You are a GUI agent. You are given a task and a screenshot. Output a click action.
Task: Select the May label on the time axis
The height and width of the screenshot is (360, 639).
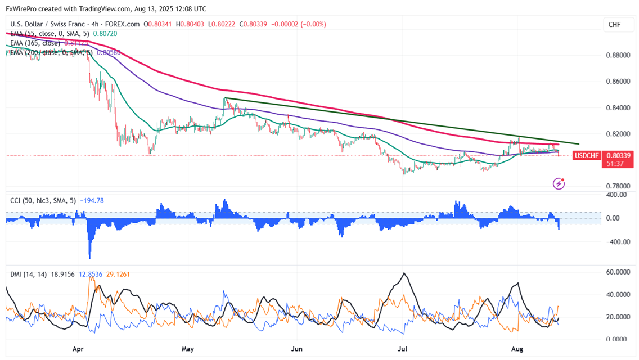tap(188, 349)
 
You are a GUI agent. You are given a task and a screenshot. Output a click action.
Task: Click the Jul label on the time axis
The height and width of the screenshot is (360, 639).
tap(403, 349)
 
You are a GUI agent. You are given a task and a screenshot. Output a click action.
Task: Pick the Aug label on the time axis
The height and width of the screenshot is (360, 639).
tap(517, 349)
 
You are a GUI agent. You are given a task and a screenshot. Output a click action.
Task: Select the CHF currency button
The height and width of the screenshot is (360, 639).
tap(614, 25)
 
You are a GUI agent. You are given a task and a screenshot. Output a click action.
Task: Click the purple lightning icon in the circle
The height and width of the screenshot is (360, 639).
tap(559, 183)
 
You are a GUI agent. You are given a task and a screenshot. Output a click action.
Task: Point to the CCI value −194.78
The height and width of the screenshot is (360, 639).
tap(93, 200)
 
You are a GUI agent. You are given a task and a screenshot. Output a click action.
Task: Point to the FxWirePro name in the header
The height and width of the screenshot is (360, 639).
tap(21, 9)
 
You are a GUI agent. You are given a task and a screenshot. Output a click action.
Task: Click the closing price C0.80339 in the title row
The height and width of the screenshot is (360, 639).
tap(254, 24)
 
